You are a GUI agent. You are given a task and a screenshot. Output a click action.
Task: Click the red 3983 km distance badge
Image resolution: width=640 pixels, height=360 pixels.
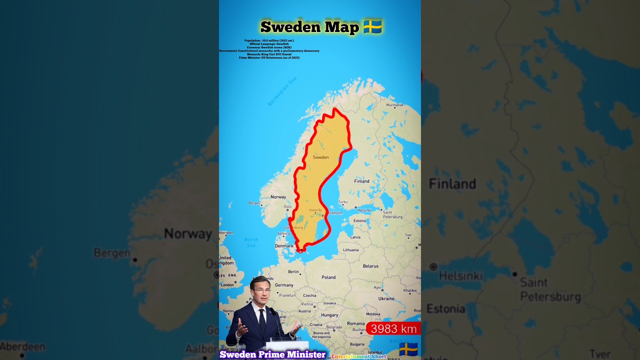[x=393, y=328]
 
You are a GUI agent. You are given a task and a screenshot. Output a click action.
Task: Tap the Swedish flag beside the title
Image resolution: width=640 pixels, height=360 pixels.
[x=372, y=26]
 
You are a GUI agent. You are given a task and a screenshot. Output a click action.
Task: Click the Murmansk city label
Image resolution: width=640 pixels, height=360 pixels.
[x=394, y=105]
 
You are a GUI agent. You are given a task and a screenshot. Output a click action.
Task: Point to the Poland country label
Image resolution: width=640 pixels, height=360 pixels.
[x=328, y=277]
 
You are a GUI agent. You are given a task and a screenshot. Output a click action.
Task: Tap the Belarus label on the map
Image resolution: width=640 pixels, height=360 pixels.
[x=370, y=266]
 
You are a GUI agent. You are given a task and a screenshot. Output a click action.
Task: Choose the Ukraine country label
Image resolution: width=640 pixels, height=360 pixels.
[x=386, y=298]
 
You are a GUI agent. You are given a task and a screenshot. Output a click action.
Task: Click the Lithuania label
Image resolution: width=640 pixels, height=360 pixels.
[x=350, y=250]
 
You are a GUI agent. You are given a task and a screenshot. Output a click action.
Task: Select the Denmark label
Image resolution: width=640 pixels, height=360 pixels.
[x=284, y=246]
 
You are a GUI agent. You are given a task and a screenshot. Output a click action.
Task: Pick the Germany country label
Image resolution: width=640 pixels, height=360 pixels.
[x=284, y=285]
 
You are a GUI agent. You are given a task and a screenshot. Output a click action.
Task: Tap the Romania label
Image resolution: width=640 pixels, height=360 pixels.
[x=356, y=323]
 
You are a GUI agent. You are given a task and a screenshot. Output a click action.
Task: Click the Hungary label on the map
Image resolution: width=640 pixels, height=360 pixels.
[x=329, y=315]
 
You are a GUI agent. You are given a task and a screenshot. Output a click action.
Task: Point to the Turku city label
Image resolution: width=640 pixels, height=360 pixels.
[x=342, y=202]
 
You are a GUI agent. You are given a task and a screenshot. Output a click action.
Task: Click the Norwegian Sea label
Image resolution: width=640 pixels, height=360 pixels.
[x=282, y=91]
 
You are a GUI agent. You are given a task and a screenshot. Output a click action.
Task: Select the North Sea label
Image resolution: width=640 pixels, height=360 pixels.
[x=251, y=242]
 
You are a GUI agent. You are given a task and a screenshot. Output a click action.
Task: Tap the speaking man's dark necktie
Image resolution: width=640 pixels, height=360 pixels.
[x=262, y=320]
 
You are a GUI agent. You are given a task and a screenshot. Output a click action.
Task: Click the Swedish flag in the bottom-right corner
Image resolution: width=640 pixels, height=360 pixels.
[x=408, y=349]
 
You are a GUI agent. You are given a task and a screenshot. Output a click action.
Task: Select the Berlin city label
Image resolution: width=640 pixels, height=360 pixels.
[x=293, y=272]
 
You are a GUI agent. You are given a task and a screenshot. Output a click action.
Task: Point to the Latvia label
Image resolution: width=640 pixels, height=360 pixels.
[x=355, y=237]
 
